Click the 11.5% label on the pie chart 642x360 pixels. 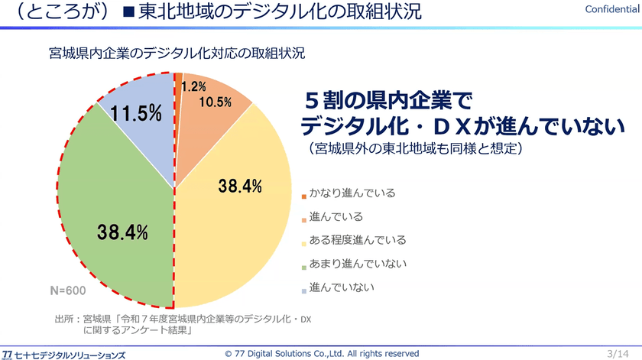click(136, 113)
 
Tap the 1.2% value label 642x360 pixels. click(193, 86)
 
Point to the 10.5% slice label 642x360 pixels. click(215, 102)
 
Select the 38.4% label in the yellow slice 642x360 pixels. click(240, 186)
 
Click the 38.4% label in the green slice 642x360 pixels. click(122, 232)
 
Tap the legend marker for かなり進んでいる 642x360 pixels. click(304, 197)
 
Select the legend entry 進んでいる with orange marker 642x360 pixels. click(332, 216)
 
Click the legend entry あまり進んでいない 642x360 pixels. click(354, 264)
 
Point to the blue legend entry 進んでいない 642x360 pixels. click(338, 287)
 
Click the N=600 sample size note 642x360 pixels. click(68, 290)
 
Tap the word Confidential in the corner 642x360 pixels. click(611, 9)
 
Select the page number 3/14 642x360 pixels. click(618, 353)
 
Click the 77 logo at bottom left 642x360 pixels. click(8, 355)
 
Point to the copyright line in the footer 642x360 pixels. click(322, 353)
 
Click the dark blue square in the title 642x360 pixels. click(129, 11)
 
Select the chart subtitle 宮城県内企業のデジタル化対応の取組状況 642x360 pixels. click(177, 54)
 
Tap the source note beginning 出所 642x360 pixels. click(183, 324)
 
